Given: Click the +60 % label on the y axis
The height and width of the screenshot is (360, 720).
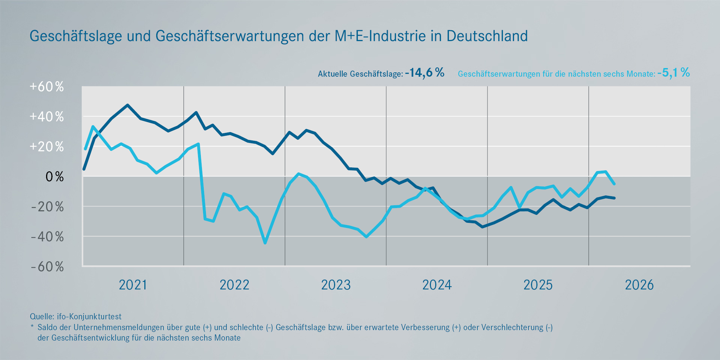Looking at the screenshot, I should (x=47, y=87).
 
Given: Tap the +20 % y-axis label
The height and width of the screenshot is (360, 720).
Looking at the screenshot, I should (x=47, y=147).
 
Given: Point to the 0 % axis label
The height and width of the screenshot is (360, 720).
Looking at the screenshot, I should (x=54, y=177).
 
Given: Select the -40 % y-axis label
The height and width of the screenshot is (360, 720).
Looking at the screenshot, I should (x=47, y=237).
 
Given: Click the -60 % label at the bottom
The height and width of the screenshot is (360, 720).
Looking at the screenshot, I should (x=47, y=267).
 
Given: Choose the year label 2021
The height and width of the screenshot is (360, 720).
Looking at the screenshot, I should (x=133, y=285).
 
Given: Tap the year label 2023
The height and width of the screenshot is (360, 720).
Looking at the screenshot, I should (x=336, y=285).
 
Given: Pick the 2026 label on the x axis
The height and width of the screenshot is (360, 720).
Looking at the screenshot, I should (x=639, y=285).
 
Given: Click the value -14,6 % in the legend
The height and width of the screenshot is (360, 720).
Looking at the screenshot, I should (x=424, y=73).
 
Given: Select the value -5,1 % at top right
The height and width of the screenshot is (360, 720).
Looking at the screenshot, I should (x=673, y=73).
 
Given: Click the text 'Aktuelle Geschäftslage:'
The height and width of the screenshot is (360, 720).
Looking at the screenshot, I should (x=360, y=74).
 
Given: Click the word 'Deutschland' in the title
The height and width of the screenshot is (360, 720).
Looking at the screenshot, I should (x=487, y=36).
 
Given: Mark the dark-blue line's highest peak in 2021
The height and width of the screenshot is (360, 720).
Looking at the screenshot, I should (x=127, y=105).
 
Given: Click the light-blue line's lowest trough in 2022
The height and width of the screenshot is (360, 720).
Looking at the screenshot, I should (x=265, y=243).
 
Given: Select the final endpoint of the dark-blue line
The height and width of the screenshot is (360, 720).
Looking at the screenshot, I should (x=615, y=198).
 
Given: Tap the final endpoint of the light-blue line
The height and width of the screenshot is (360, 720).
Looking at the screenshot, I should (x=614, y=184).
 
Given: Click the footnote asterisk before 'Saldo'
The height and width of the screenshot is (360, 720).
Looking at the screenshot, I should (x=32, y=327).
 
